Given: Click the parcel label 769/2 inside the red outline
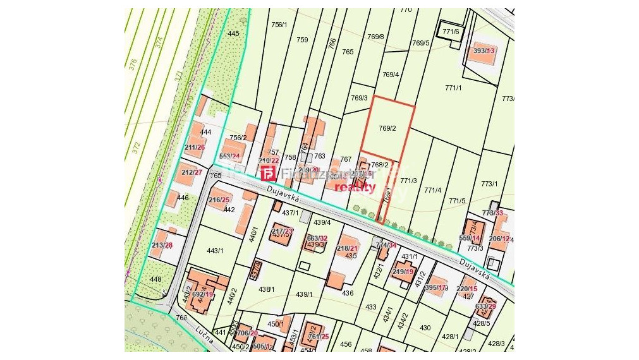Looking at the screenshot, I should coord(387,128).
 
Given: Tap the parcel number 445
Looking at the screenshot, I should coord(233,33).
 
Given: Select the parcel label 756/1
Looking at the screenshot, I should coord(279,25).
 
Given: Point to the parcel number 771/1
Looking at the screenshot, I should coord(453,88).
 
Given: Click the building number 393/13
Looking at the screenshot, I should coord(484,51).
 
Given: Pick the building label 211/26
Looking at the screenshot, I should coord(195,147).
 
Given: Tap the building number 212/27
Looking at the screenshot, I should coord(192,172).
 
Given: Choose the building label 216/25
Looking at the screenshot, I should coord(219,200).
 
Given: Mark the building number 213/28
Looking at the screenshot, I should coord(162,245).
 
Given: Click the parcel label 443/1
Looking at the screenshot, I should coord(215,251).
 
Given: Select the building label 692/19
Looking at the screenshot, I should coord(203,294).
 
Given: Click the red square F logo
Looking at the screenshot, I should coord(268,174).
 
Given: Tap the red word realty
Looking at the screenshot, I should coord(355,187).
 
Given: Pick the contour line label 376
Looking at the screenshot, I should coord(133,64).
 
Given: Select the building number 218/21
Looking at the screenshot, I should coord(348,248).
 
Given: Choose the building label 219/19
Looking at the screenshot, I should coord(403,272).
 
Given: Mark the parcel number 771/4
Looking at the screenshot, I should coord(433,190).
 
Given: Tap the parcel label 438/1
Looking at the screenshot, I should coord(267,289).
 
